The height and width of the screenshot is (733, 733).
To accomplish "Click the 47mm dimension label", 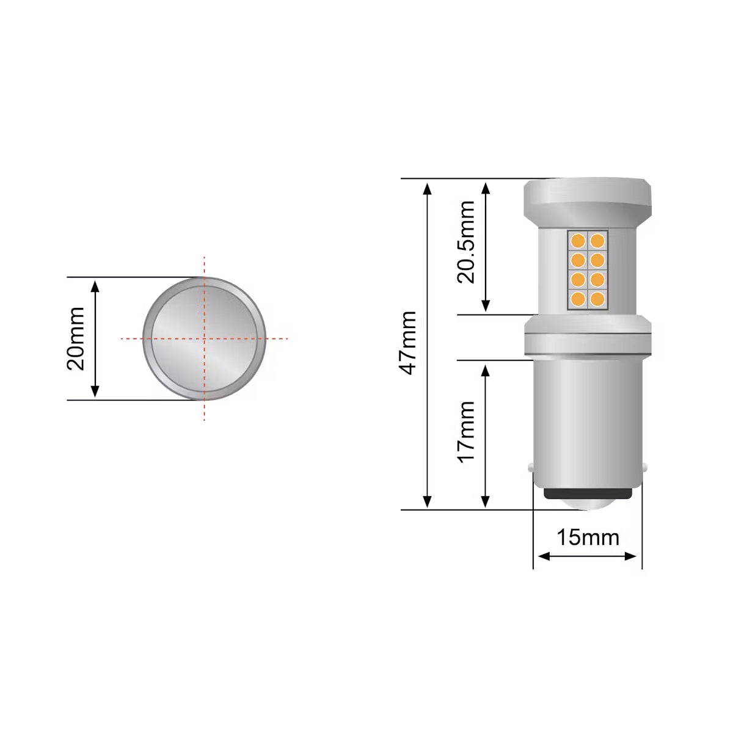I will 407,343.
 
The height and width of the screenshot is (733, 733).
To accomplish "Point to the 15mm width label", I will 588,538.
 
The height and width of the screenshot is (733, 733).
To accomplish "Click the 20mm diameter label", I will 76,339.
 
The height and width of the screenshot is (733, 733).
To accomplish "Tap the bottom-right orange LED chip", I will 597,299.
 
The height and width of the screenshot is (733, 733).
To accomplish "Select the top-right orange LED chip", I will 597,239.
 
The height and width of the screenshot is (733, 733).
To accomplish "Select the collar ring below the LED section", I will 588,337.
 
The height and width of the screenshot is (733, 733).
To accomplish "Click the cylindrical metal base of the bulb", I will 588,421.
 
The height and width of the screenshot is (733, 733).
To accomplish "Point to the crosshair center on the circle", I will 205,338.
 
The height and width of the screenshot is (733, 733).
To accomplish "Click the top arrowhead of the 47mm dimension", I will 428,186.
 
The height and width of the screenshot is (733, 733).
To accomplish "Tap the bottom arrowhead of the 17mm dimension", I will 486,503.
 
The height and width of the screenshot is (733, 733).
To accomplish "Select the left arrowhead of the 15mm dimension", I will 541,556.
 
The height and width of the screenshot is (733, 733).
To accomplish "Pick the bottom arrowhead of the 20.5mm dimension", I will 486,307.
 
